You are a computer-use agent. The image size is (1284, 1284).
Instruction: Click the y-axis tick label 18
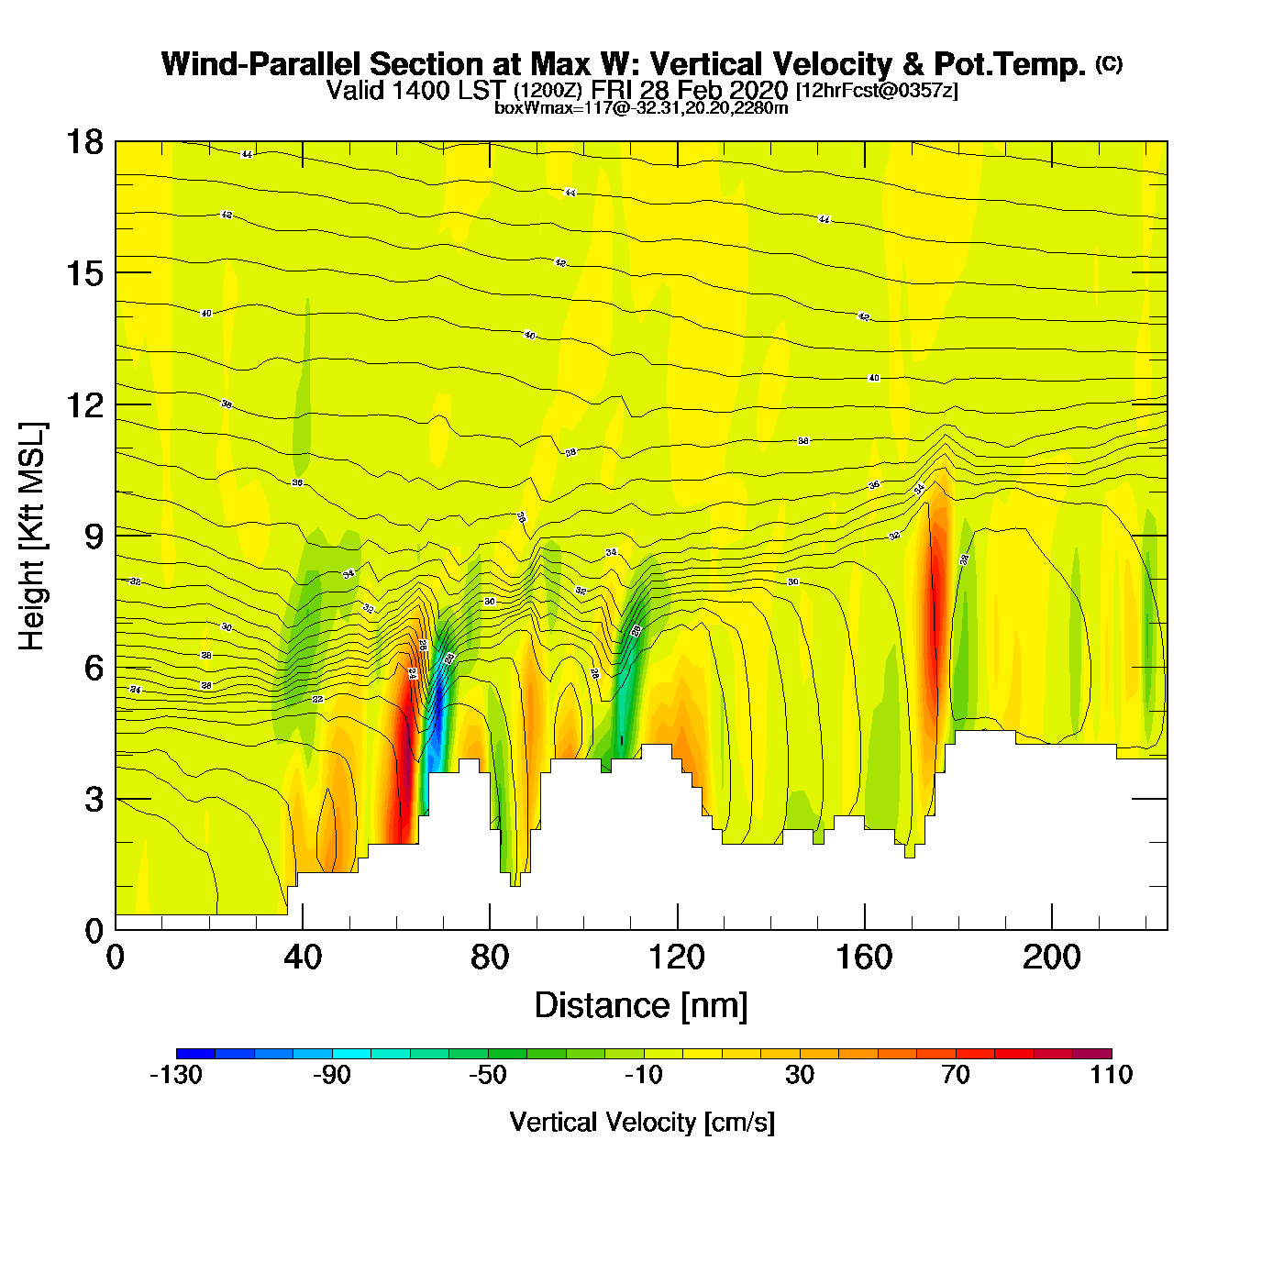[83, 142]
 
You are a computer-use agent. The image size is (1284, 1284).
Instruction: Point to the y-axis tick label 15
[83, 273]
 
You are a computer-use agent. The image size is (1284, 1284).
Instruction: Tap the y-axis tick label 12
[83, 404]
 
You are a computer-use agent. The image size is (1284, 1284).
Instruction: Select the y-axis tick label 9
[94, 537]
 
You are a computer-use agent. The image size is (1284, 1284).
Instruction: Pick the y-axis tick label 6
[94, 668]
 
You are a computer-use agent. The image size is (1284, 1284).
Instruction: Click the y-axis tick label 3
[94, 799]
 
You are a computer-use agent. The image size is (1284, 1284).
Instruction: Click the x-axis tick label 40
[303, 957]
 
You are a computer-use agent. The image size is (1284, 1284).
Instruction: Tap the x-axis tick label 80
[490, 957]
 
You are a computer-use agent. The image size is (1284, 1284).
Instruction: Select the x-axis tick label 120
[677, 957]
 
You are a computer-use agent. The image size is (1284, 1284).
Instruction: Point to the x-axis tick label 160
[864, 957]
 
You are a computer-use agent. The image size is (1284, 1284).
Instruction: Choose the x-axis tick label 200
[1052, 957]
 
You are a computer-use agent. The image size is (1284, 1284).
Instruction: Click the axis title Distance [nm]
[641, 1006]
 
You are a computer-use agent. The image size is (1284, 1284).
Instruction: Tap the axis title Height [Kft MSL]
[32, 537]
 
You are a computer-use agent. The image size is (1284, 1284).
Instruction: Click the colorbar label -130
[176, 1075]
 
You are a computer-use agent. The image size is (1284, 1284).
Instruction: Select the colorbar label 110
[1112, 1075]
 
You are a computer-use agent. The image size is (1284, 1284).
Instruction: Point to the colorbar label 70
[956, 1075]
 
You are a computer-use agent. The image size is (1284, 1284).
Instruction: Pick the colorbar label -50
[487, 1075]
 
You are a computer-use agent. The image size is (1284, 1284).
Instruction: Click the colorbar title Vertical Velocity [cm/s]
[642, 1123]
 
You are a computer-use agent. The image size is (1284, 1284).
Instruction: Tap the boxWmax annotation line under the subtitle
[641, 107]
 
